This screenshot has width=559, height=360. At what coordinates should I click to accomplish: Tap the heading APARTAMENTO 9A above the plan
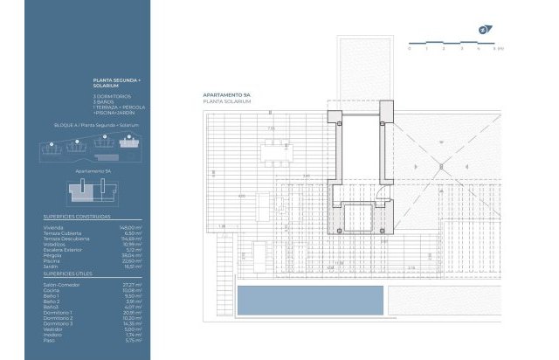click(226, 95)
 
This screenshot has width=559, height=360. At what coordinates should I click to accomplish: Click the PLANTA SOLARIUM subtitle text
click(227, 102)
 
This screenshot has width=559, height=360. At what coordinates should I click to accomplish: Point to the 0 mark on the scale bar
click(409, 49)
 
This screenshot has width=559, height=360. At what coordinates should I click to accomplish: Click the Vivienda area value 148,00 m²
click(130, 225)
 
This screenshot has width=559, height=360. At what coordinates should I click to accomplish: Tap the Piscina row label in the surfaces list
click(53, 260)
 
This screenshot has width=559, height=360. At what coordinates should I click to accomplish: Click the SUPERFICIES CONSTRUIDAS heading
click(76, 215)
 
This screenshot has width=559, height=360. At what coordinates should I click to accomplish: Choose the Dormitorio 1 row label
click(58, 312)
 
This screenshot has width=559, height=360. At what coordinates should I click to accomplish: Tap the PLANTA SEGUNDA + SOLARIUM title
click(116, 83)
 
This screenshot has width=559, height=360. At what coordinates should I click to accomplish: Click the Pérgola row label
click(53, 254)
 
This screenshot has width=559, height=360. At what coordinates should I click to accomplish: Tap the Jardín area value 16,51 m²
click(132, 266)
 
